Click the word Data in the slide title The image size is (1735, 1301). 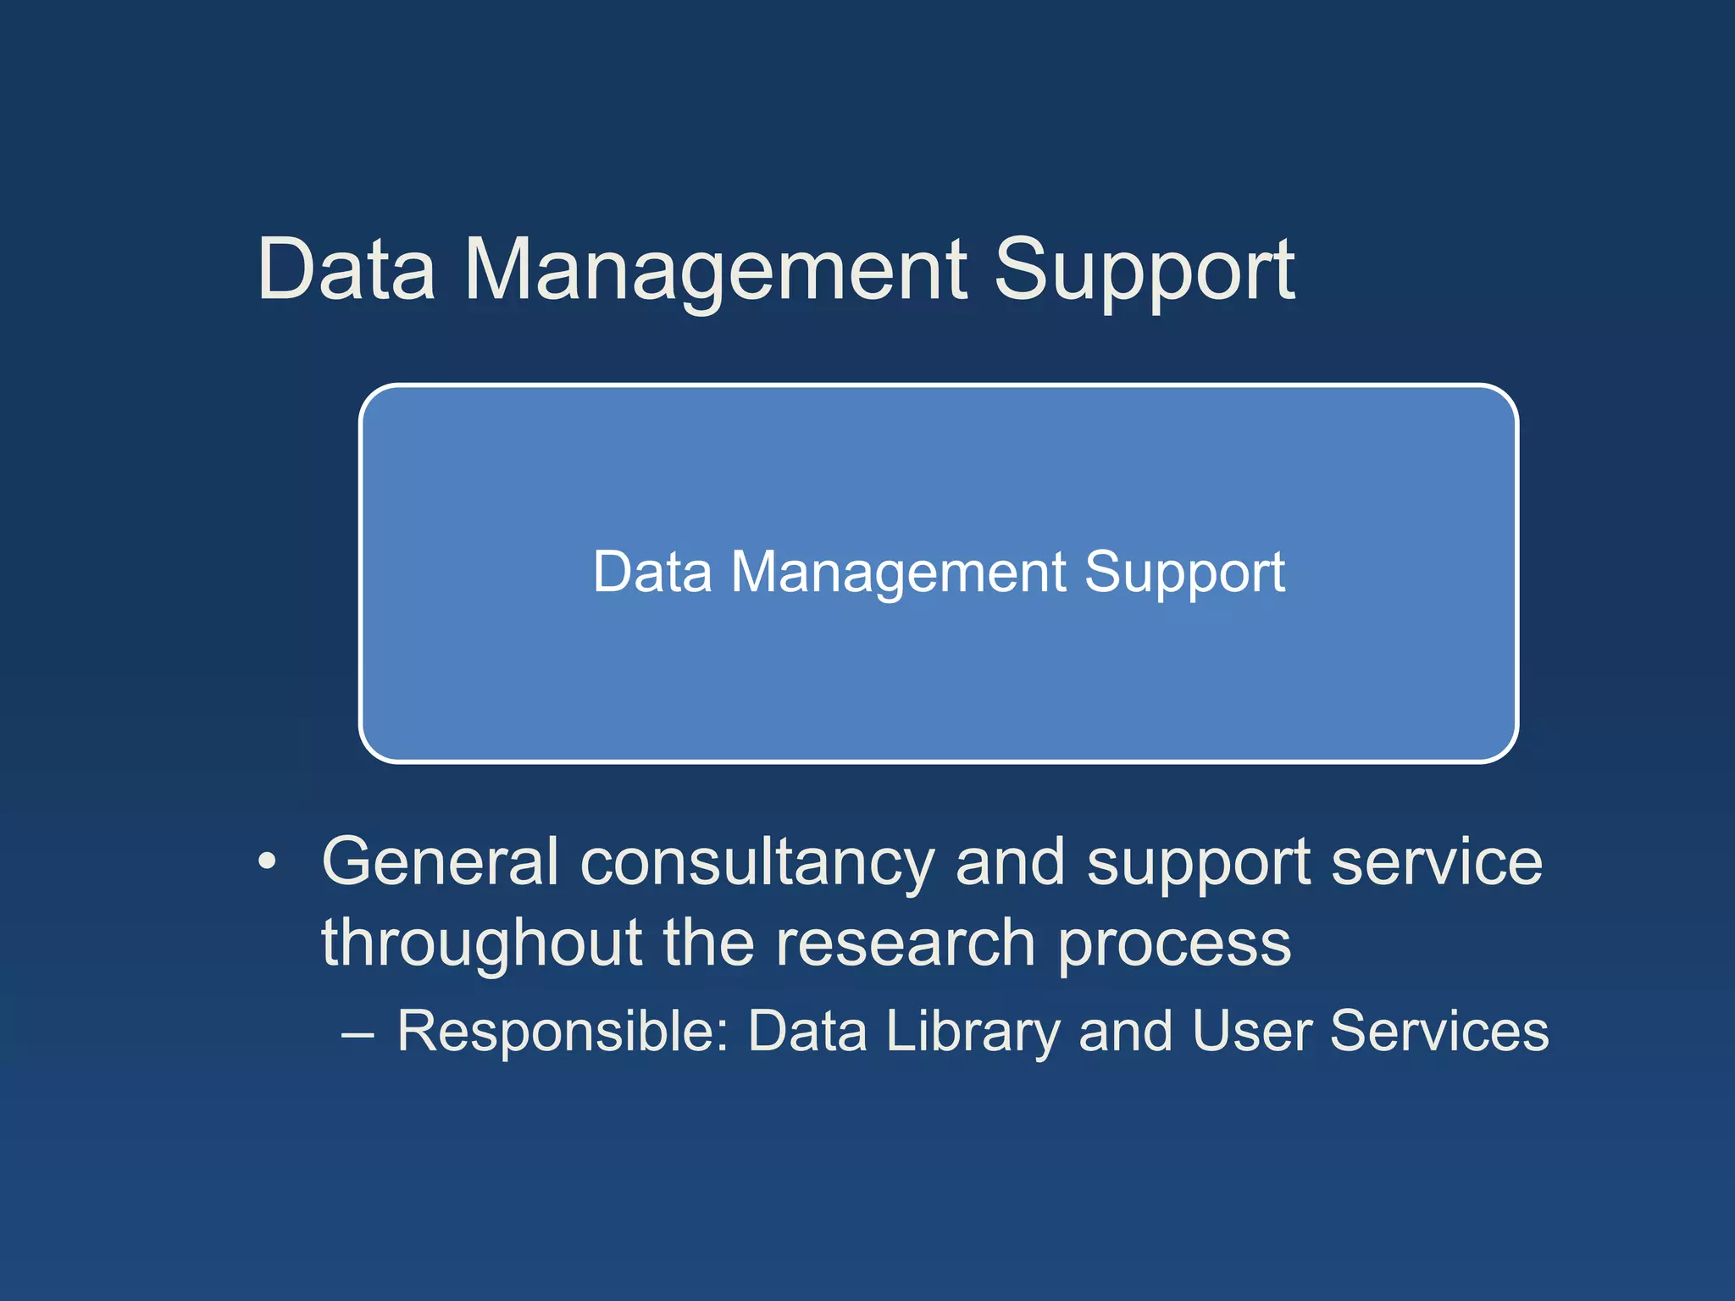click(346, 269)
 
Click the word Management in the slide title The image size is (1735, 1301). click(716, 271)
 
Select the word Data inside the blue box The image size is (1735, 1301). click(651, 572)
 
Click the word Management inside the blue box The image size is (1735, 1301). click(898, 573)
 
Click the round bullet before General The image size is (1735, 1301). click(268, 862)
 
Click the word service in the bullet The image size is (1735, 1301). click(1437, 862)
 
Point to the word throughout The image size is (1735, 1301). click(481, 944)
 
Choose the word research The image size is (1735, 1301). click(906, 943)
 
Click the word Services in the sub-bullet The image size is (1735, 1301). click(1438, 1031)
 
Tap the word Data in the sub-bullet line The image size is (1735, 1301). click(807, 1031)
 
